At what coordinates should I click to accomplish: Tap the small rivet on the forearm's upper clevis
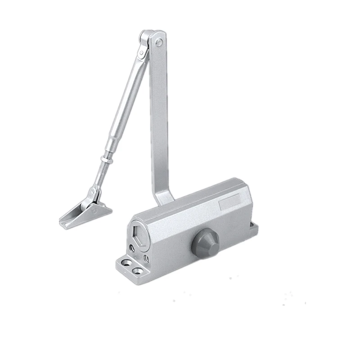click(142, 55)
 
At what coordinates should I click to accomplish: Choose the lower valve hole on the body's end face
click(146, 258)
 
